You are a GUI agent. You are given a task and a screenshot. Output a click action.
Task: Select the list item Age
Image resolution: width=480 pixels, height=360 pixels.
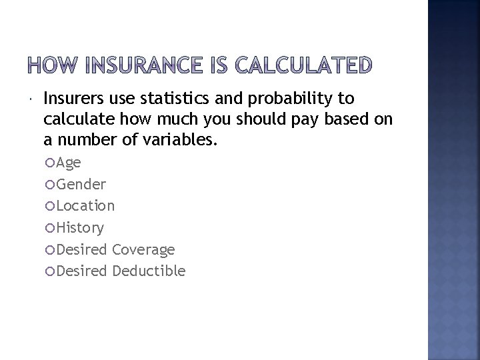click(69, 163)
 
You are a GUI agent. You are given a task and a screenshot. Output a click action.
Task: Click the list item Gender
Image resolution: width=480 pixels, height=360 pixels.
click(81, 184)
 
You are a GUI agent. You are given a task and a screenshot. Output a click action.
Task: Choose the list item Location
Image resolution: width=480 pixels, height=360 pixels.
click(85, 205)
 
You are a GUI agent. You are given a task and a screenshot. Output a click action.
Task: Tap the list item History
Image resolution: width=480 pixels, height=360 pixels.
click(80, 228)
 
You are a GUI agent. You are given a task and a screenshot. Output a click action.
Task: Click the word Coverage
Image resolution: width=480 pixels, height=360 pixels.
click(144, 249)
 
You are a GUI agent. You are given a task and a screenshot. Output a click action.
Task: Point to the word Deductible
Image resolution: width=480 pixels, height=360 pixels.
click(149, 271)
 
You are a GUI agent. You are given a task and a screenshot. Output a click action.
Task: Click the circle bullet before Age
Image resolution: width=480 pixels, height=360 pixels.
click(51, 163)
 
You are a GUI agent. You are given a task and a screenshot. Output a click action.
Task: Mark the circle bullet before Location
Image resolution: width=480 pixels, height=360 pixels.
click(51, 206)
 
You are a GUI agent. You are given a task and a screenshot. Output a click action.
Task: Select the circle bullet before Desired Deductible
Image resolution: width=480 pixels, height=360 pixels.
click(51, 271)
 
